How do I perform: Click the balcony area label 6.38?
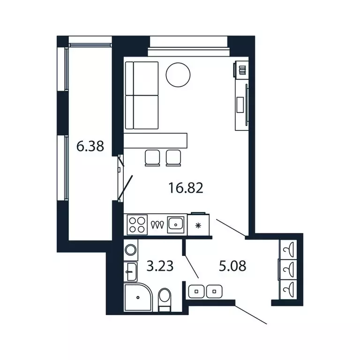point(90,147)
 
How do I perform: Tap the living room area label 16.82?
point(185,188)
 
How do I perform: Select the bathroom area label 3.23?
point(160,266)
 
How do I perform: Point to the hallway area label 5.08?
point(232,266)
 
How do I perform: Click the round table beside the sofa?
point(178,75)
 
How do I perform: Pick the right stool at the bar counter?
point(173,157)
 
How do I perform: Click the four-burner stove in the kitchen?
point(137,225)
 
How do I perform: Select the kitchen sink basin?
point(175,225)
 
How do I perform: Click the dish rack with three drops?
point(157,225)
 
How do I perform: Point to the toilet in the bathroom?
point(165,299)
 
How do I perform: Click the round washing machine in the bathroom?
point(131,250)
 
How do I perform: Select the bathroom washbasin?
point(131,270)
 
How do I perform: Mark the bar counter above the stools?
point(155,140)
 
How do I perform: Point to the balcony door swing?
point(126,187)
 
